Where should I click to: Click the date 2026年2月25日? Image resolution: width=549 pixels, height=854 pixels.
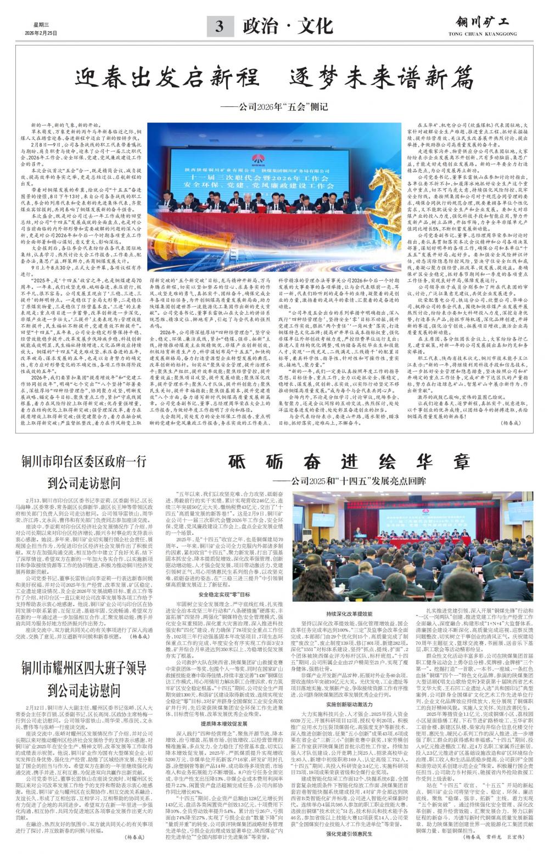(x=41, y=33)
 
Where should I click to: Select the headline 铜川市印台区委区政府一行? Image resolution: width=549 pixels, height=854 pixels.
(x=83, y=461)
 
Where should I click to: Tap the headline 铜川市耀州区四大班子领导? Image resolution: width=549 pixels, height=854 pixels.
(x=83, y=668)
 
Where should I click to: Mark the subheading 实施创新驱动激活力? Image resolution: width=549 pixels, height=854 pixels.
(x=349, y=704)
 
